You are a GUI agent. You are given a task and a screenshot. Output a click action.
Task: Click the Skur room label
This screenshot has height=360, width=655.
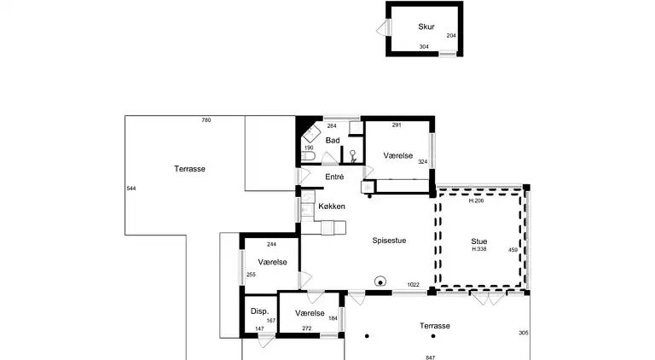click(x=426, y=26)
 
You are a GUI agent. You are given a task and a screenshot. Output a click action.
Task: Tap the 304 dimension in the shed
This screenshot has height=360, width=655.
click(x=424, y=47)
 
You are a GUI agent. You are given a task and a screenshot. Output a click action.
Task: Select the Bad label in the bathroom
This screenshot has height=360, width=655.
click(x=333, y=140)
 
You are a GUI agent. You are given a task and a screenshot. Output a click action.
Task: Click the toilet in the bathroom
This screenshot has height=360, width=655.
click(x=307, y=156)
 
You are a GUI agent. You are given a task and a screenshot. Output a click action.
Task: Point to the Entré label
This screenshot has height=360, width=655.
click(x=334, y=177)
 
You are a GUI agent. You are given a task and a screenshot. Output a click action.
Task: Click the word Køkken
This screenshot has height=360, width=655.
click(x=332, y=206)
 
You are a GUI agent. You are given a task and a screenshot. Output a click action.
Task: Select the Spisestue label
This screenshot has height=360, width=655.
click(x=389, y=241)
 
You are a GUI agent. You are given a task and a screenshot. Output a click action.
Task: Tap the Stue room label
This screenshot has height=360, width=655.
click(x=479, y=241)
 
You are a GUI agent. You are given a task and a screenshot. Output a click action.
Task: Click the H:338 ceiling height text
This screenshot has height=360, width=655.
click(x=479, y=249)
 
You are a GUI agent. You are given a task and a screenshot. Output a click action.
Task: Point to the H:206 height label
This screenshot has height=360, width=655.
click(x=476, y=200)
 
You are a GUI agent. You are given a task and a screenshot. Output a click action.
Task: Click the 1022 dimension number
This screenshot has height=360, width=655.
click(x=413, y=285)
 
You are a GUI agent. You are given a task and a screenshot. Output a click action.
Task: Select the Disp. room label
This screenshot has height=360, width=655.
click(x=259, y=311)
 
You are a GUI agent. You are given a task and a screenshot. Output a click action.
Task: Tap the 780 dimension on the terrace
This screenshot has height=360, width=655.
click(x=206, y=120)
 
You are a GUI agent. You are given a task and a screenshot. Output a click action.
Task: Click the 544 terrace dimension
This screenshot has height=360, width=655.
click(x=131, y=189)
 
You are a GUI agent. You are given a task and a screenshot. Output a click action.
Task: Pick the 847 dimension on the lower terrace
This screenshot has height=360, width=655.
click(x=430, y=357)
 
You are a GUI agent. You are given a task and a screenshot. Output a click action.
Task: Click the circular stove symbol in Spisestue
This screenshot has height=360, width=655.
click(x=380, y=282)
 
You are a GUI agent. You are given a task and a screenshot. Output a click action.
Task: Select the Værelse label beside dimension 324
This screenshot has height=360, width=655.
click(x=398, y=156)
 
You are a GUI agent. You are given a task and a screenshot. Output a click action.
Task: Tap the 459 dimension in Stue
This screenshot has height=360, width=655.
click(x=513, y=250)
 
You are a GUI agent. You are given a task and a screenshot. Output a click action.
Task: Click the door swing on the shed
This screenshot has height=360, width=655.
click(x=382, y=28)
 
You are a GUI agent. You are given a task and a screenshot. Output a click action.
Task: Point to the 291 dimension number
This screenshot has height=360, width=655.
click(x=397, y=125)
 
